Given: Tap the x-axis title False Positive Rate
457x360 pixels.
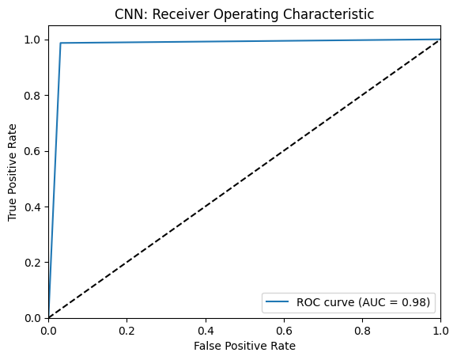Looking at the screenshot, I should pos(245,346).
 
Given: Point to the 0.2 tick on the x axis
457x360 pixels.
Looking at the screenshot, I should pos(127,329).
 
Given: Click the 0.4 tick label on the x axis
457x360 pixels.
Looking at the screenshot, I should pos(206,329).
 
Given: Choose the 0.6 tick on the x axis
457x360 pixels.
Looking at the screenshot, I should pos(284,329).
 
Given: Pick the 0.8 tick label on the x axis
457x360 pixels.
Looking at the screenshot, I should pos(362,329).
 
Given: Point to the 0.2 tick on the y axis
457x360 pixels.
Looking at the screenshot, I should pos(35,262).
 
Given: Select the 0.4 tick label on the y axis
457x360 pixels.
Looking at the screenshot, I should pos(35,207).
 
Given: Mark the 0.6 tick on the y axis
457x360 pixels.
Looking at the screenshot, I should pos(35,151).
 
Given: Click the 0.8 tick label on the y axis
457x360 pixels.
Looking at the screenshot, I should pos(35,96).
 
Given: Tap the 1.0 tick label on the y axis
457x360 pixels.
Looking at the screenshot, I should pos(35,40).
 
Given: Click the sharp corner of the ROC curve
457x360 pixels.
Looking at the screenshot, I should pos(61,43).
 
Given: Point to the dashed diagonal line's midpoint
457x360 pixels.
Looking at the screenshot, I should pos(245,178).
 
